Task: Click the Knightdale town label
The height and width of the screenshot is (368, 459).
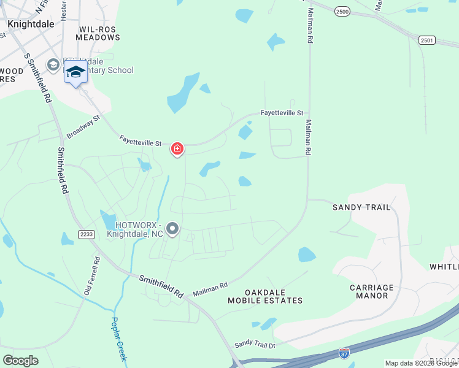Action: coord(31,23)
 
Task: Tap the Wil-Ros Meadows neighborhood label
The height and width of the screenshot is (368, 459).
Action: coord(98,33)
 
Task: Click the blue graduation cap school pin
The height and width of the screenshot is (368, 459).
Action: coord(75,72)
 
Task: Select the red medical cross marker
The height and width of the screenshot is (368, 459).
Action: coord(177,149)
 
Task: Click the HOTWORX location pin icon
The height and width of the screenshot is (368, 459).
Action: coord(172,230)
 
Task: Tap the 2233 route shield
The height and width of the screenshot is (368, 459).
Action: coord(85,234)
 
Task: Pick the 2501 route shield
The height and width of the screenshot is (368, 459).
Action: coord(427,40)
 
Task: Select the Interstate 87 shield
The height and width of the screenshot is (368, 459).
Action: coord(344,354)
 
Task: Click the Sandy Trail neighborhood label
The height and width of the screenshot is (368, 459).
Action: coord(361,207)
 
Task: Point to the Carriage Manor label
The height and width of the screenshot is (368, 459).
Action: coord(371,291)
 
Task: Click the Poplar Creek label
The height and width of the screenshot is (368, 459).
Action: coord(118,338)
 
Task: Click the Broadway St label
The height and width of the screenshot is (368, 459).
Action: coord(83,126)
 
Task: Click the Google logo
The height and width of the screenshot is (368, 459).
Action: coord(20,361)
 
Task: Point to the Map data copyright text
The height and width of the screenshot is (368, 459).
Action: coord(422,363)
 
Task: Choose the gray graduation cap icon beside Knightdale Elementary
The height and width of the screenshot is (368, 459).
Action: coord(53,65)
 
